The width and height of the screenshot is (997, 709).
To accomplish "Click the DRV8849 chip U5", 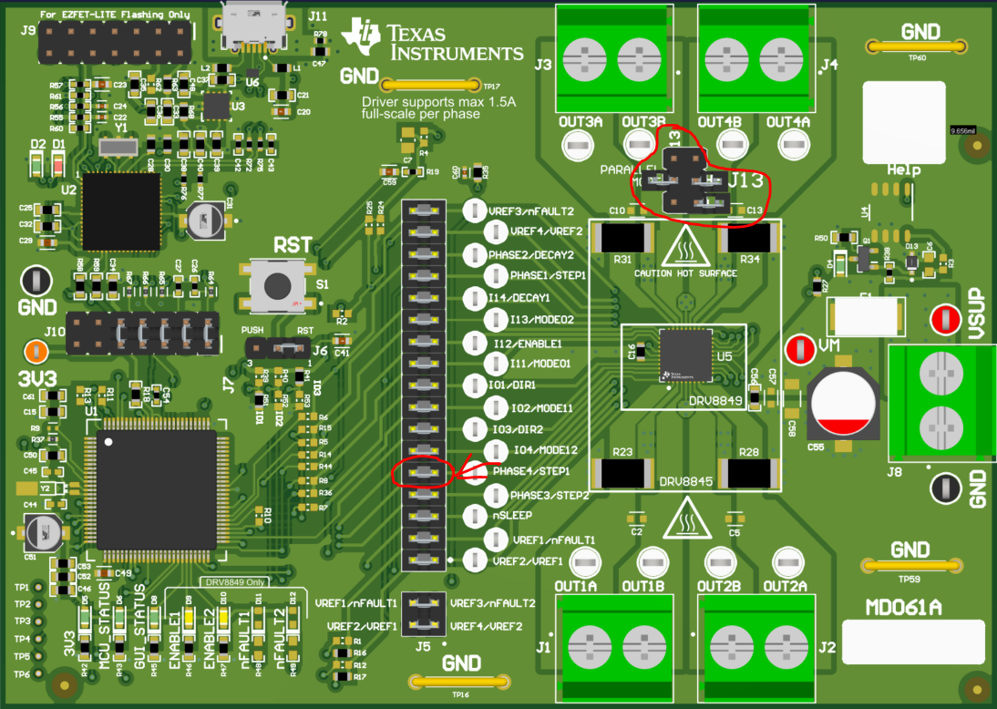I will [x=684, y=354].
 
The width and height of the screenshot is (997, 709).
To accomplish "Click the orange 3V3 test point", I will [x=36, y=349].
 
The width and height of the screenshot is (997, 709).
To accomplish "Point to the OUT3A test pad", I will [x=575, y=143].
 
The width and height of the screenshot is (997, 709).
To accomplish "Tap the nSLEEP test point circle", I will [x=475, y=516].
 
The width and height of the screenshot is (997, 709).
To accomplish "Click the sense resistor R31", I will [x=622, y=239].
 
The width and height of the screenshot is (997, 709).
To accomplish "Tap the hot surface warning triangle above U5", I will [x=686, y=249].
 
